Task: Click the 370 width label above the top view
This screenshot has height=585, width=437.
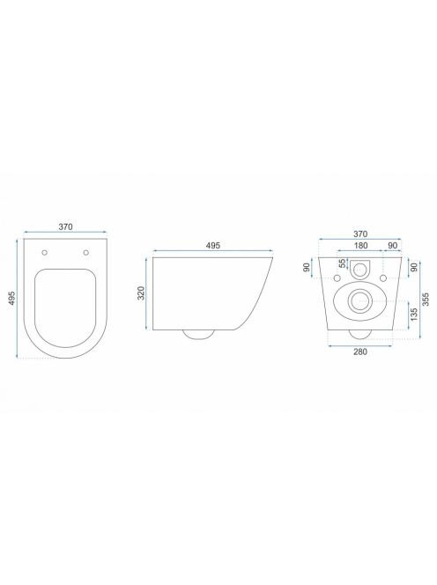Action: click(65, 226)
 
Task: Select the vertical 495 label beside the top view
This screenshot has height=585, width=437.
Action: click(11, 299)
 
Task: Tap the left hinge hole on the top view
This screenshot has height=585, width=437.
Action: click(45, 253)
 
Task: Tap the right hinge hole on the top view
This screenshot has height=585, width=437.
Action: click(86, 253)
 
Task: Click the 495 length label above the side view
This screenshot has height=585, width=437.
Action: click(213, 245)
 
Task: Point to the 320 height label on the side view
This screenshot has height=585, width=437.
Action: click(141, 293)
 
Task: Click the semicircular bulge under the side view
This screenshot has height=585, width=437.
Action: click(199, 335)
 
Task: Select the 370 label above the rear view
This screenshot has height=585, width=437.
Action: click(360, 234)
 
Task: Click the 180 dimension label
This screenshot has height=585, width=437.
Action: click(361, 246)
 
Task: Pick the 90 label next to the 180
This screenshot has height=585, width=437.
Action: click(393, 246)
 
